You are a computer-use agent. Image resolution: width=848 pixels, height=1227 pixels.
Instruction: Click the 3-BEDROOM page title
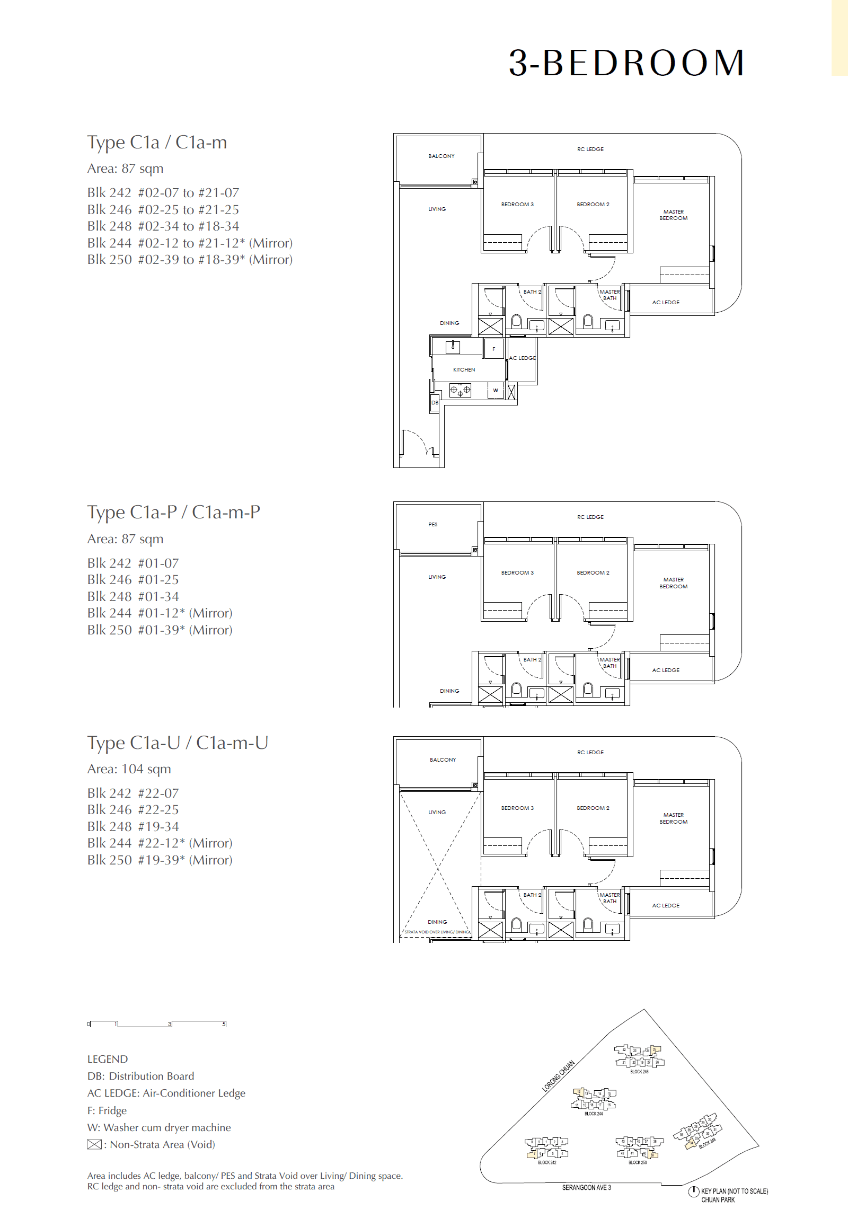coord(626,63)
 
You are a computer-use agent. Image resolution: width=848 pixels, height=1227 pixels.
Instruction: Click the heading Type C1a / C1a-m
coord(157,143)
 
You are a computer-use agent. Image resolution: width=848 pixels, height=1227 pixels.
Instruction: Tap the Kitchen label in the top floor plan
coord(464,369)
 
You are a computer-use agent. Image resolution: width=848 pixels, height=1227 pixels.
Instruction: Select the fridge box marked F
coord(493,349)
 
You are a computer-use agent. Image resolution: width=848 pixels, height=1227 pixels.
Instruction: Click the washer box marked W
coord(496,391)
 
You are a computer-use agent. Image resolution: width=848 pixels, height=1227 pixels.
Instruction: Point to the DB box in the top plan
coord(435,403)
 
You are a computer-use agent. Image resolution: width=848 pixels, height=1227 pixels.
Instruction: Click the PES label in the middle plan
coord(433,525)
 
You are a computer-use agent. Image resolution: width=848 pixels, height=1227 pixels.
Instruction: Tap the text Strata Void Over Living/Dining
coord(437,932)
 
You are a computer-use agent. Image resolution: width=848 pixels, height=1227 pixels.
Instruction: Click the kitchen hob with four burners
coord(460,391)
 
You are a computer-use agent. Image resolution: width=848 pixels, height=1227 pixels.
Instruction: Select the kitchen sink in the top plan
coord(453,347)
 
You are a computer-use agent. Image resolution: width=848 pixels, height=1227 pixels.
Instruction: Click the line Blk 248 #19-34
coord(133,826)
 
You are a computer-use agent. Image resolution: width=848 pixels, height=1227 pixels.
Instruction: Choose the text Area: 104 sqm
coord(129,769)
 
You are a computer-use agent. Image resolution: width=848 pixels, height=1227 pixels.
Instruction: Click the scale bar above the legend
coord(157,1023)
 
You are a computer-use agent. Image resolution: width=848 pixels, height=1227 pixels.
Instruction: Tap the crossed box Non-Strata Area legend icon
coord(94,1145)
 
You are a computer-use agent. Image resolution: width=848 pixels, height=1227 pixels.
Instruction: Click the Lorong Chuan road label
coord(558,1076)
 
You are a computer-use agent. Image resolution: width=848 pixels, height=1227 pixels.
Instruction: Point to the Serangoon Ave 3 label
coord(586,1188)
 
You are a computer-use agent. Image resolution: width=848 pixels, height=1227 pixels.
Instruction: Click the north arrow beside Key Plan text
coord(693,1192)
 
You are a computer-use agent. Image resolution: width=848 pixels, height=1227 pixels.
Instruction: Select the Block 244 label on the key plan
coord(594,1113)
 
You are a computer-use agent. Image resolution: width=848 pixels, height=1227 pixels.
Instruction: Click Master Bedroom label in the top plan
coord(673,215)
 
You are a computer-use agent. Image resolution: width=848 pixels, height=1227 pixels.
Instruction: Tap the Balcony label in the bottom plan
coord(443,760)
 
